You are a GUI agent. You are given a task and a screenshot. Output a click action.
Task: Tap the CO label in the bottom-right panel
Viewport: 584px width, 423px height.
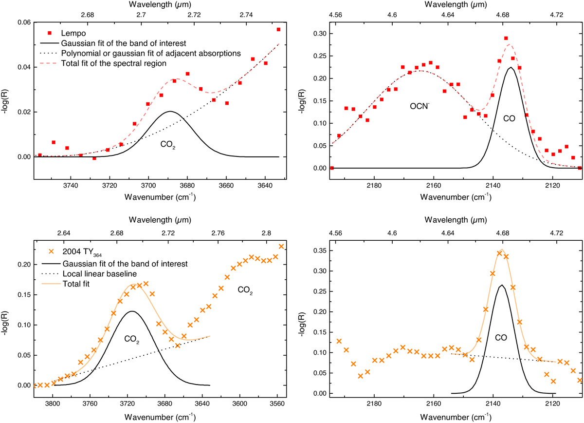point(501,337)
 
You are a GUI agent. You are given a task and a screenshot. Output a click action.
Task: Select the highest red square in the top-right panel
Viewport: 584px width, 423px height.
point(506,38)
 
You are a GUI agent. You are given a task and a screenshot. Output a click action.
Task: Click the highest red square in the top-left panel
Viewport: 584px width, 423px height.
point(278,30)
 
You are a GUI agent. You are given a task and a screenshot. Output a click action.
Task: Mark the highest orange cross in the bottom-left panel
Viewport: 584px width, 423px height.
point(281,247)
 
